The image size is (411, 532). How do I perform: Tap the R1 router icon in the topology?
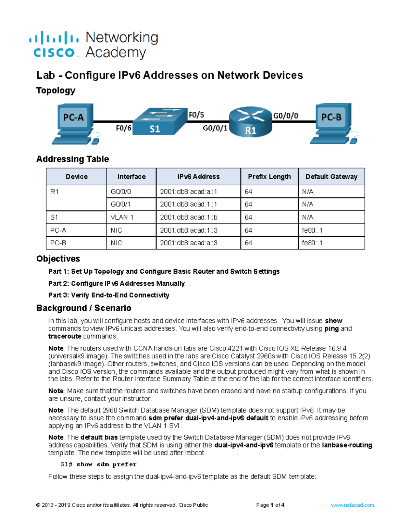click(250, 122)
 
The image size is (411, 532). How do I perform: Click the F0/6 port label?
click(123, 128)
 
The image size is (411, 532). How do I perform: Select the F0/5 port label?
click(197, 115)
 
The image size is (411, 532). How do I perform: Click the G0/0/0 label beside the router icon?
click(286, 116)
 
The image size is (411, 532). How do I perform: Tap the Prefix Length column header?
click(269, 177)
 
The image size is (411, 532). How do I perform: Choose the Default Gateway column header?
click(331, 177)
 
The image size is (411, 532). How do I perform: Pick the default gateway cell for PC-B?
click(312, 243)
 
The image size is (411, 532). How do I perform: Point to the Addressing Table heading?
click(73, 159)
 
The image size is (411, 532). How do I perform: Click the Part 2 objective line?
click(116, 284)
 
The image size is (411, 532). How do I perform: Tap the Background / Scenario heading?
click(84, 308)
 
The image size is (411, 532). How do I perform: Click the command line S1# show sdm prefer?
click(98, 465)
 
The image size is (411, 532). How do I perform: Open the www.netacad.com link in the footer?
click(352, 505)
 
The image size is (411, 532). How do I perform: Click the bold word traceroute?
click(65, 336)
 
